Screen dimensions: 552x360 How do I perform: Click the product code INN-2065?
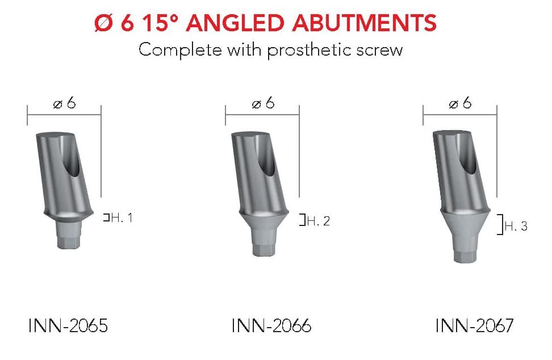point(68,325)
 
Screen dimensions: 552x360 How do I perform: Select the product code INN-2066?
point(271,325)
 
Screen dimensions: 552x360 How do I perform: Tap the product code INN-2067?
point(475,325)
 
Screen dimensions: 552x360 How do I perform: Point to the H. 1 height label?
point(122,218)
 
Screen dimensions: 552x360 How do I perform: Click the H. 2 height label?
point(318,221)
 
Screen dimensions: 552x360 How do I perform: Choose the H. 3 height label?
point(516,226)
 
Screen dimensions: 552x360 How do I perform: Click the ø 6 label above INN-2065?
point(64,103)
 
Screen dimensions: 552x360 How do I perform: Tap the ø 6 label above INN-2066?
point(263,103)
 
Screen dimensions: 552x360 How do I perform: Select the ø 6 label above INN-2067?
point(460,103)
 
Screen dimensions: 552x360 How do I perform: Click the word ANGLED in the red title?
point(235,23)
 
